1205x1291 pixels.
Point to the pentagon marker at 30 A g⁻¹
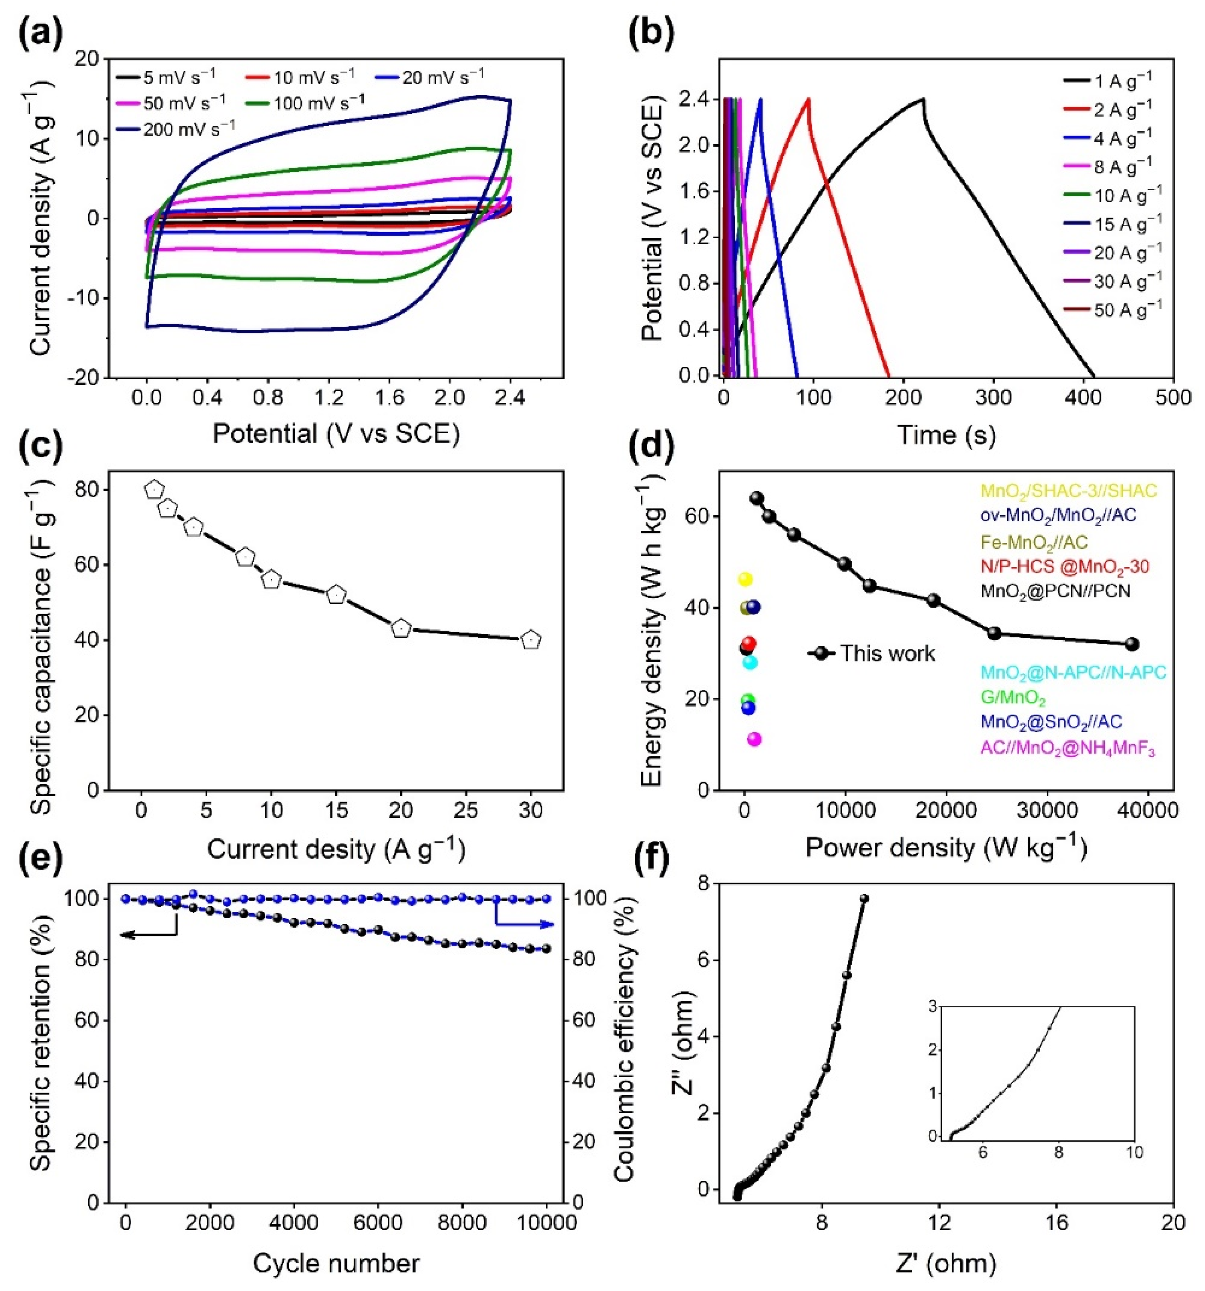531,640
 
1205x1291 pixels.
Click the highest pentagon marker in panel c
154,490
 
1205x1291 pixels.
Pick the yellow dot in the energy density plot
745,579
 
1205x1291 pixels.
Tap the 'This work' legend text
887,653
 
